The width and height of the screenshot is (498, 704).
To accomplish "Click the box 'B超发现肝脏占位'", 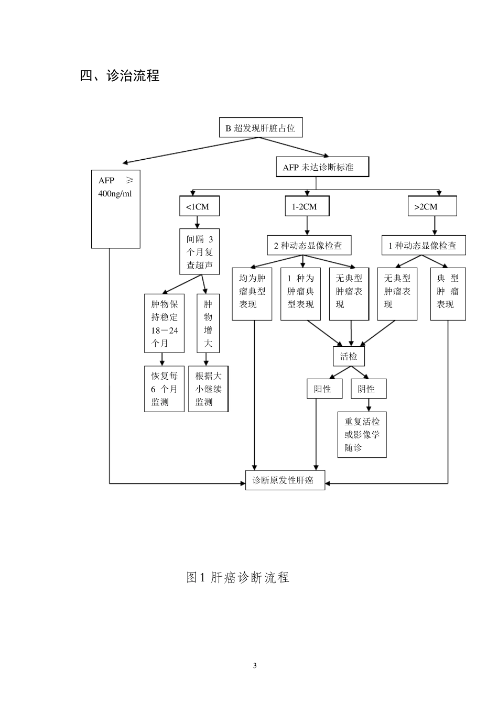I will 261,128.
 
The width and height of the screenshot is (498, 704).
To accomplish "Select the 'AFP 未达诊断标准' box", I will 322,167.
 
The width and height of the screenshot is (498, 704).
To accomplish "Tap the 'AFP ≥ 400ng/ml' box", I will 116,208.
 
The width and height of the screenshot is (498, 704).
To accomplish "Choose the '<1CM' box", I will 199,206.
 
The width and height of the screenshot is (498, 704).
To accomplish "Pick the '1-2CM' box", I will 307,206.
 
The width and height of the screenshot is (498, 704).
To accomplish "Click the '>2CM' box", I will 432,206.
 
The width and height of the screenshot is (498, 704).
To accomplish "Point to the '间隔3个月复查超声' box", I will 199,252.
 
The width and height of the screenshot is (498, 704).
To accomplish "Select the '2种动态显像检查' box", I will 308,245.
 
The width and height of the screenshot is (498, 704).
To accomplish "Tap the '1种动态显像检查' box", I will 423,245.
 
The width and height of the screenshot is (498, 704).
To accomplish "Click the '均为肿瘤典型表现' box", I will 252,294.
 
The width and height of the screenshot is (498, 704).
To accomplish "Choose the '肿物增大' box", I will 208,323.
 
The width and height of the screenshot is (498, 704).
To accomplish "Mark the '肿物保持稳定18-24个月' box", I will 164,323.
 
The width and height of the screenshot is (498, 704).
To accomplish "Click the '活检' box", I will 349,356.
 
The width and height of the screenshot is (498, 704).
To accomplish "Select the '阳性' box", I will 324,389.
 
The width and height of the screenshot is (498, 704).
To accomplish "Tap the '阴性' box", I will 369,389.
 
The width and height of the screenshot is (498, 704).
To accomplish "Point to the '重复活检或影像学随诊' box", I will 362,434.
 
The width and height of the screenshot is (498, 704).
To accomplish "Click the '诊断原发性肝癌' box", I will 285,480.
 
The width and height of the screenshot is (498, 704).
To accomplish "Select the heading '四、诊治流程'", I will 120,76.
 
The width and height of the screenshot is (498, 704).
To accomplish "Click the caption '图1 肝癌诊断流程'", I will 238,577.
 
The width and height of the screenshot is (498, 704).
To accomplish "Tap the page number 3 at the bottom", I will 255,666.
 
